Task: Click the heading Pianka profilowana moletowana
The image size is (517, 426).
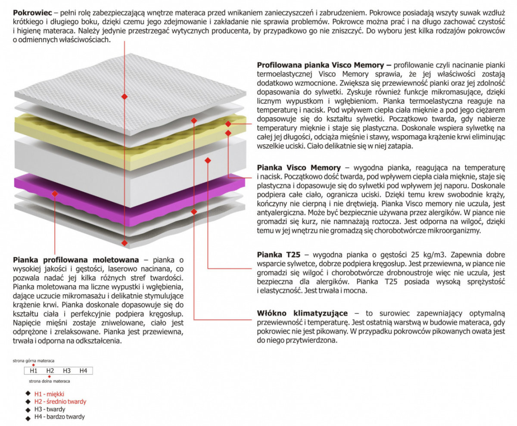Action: (x=76, y=260)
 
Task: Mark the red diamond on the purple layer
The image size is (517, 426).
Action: (x=55, y=194)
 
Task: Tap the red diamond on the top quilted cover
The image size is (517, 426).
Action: (x=125, y=96)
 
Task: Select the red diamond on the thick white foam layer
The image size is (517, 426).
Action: (x=208, y=161)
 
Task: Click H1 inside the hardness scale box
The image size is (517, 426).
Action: (x=34, y=371)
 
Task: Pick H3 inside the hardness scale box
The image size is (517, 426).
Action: (x=67, y=371)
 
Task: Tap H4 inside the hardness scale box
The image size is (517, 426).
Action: (x=83, y=371)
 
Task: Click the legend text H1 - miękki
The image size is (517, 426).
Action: (x=49, y=394)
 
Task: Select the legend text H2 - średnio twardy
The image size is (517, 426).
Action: (x=60, y=401)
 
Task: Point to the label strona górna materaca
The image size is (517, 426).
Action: (x=34, y=361)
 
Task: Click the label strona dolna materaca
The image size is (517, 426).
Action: (x=50, y=381)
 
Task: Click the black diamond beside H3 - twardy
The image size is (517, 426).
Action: (x=28, y=409)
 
